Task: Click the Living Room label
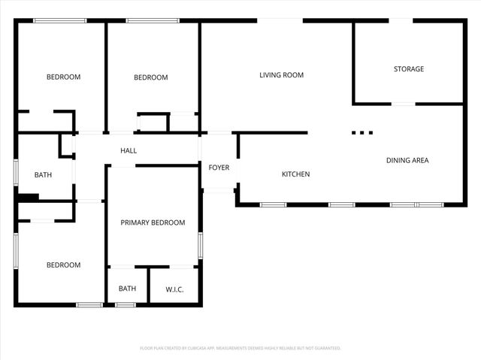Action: pos(282,75)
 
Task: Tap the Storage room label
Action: pos(409,69)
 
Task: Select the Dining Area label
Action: pos(407,160)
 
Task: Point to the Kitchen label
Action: pos(295,174)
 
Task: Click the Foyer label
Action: pos(219,168)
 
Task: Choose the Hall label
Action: pos(129,151)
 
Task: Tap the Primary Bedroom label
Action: pos(153,222)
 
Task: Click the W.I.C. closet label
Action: pos(174,289)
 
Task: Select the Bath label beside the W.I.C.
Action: pos(127,289)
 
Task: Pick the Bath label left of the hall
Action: pos(43,175)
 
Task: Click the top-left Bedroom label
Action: pos(63,77)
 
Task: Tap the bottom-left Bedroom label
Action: pos(63,265)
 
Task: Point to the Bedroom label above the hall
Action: pos(150,77)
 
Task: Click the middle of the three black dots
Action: pos(362,133)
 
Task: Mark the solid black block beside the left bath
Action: pos(28,198)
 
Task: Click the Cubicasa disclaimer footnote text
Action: pos(240,348)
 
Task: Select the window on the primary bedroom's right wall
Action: pos(200,245)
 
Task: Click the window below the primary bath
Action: pos(125,304)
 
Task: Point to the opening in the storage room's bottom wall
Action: pos(404,104)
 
